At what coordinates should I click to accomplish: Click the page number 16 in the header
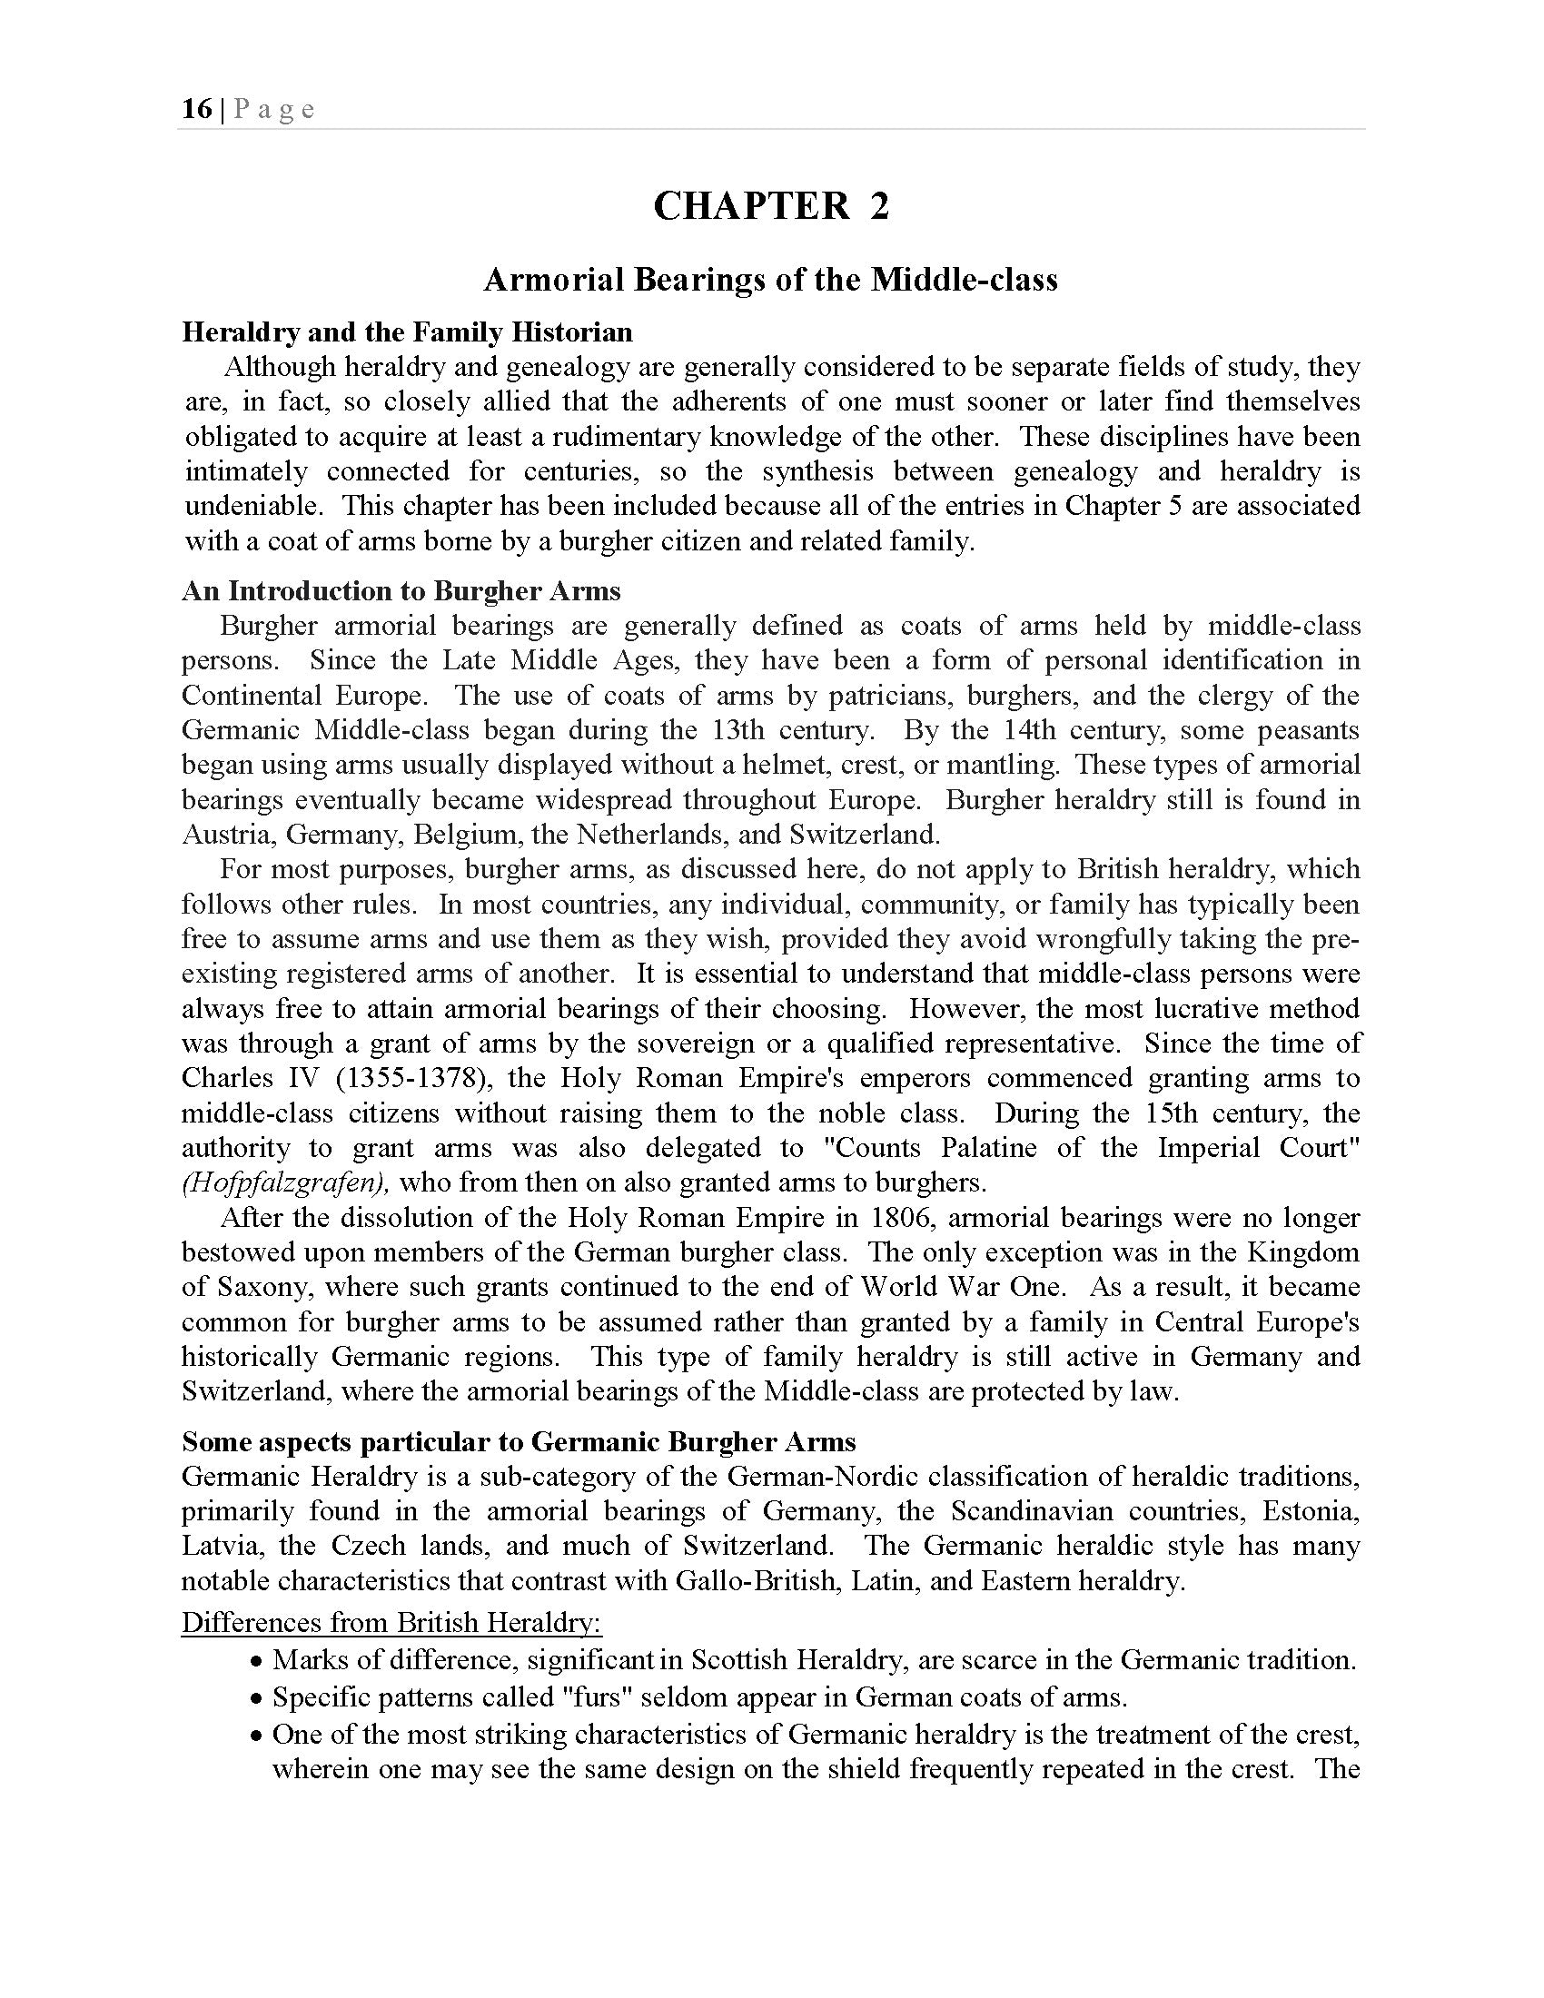click(197, 110)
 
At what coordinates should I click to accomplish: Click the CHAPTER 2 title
click(770, 205)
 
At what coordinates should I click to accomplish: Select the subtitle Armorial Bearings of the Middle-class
click(770, 279)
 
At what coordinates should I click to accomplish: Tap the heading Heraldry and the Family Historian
click(407, 331)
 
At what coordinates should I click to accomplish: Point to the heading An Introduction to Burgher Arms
click(401, 591)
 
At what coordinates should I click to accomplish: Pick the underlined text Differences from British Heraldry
click(391, 1622)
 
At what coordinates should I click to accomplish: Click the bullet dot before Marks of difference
click(257, 1661)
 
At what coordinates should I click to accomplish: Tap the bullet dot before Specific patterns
click(257, 1699)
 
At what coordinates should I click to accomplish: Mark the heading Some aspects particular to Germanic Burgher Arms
click(519, 1442)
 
